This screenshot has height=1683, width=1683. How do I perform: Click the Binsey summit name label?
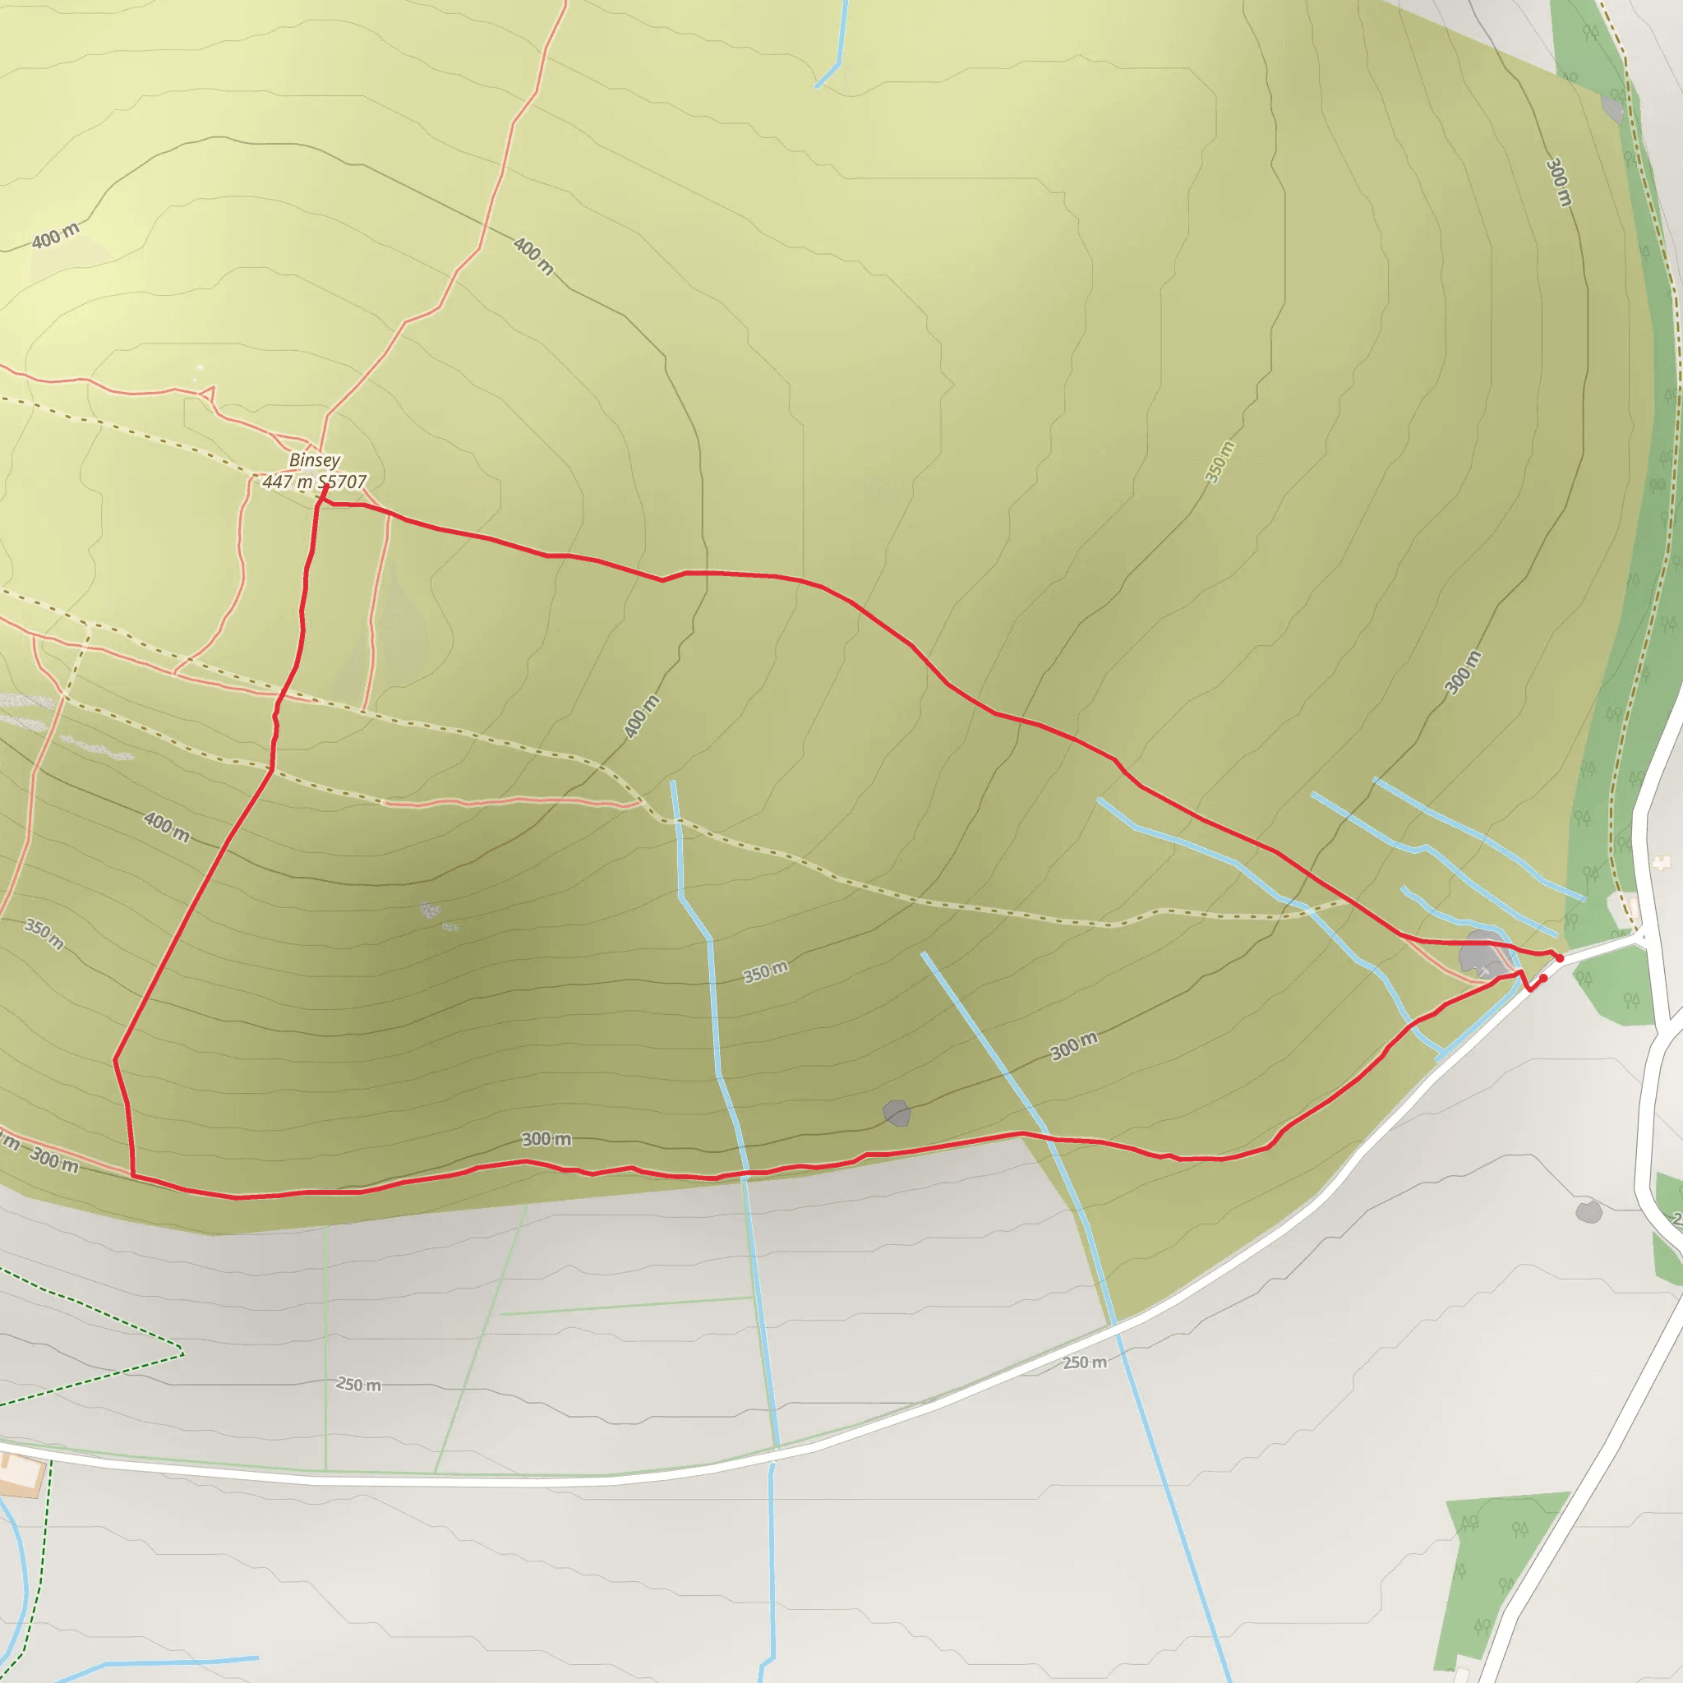coord(315,460)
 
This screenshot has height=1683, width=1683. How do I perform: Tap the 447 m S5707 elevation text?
coord(315,482)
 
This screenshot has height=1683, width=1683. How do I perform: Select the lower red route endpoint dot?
coord(1542,978)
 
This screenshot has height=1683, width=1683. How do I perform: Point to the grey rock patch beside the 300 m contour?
coord(897,1114)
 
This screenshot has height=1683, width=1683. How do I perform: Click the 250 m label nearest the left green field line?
coord(359,1384)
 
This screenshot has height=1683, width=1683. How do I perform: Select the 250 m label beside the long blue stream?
coord(1085,1363)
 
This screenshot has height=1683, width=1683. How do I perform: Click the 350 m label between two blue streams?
coord(766,972)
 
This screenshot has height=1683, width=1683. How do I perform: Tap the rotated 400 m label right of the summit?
coord(641,717)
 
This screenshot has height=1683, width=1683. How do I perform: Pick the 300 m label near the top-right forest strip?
coord(1559,182)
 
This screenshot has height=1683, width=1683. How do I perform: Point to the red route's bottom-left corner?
coord(133,1175)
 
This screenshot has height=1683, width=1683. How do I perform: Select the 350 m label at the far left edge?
coord(44,934)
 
